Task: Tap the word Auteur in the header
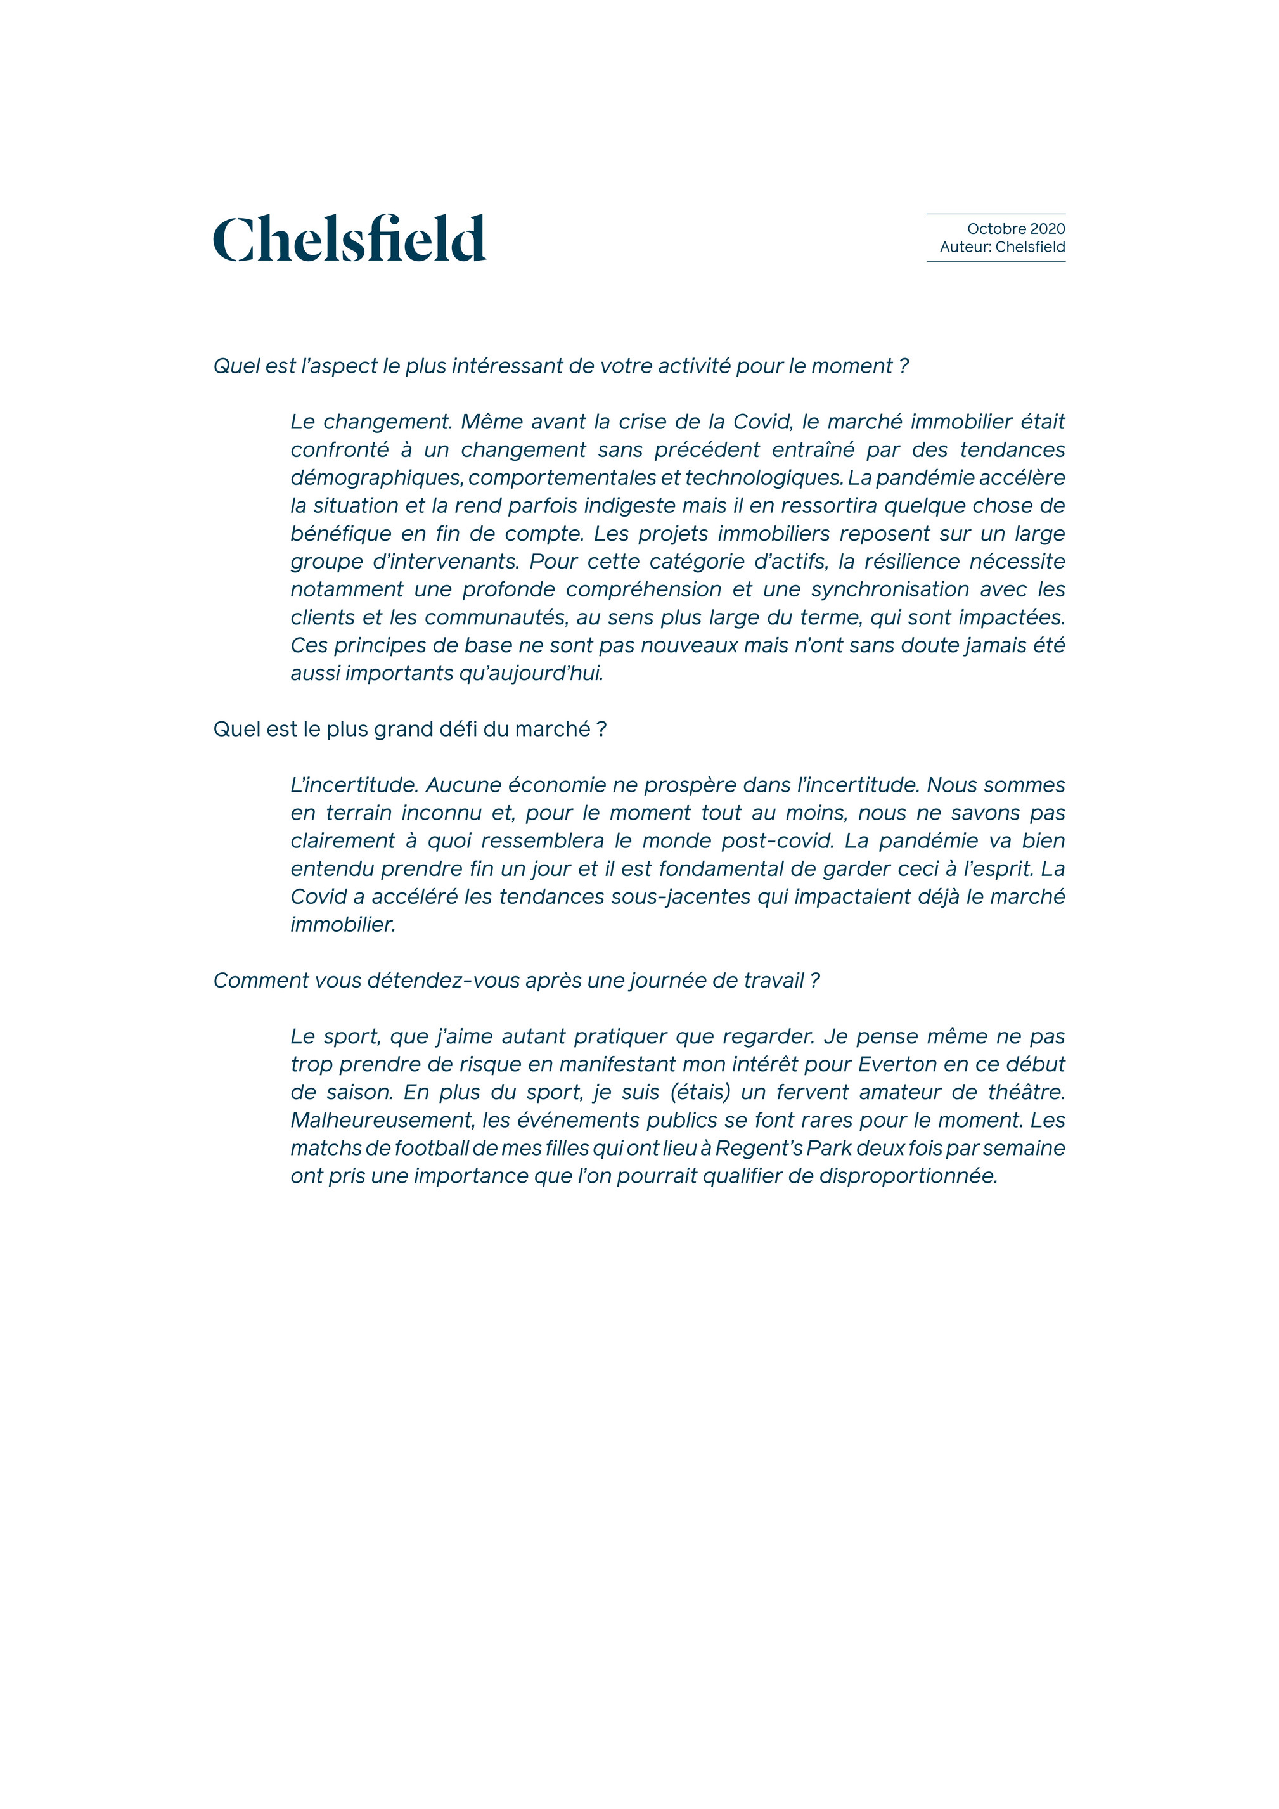(964, 247)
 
